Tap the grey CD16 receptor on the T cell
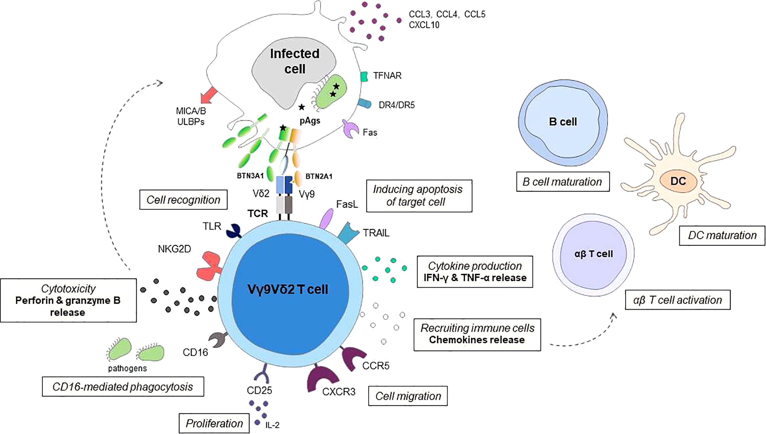point(219,339)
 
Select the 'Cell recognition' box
point(183,200)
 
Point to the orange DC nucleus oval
point(678,181)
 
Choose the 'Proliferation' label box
point(214,423)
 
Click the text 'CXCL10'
point(424,25)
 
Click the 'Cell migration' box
point(408,396)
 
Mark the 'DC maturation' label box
point(722,236)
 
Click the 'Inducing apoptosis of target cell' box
point(419,196)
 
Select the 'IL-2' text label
point(272,425)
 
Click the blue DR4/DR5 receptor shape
point(365,103)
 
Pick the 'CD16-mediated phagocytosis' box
point(123,387)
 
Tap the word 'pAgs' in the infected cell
point(310,121)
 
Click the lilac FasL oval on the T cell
point(327,218)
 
